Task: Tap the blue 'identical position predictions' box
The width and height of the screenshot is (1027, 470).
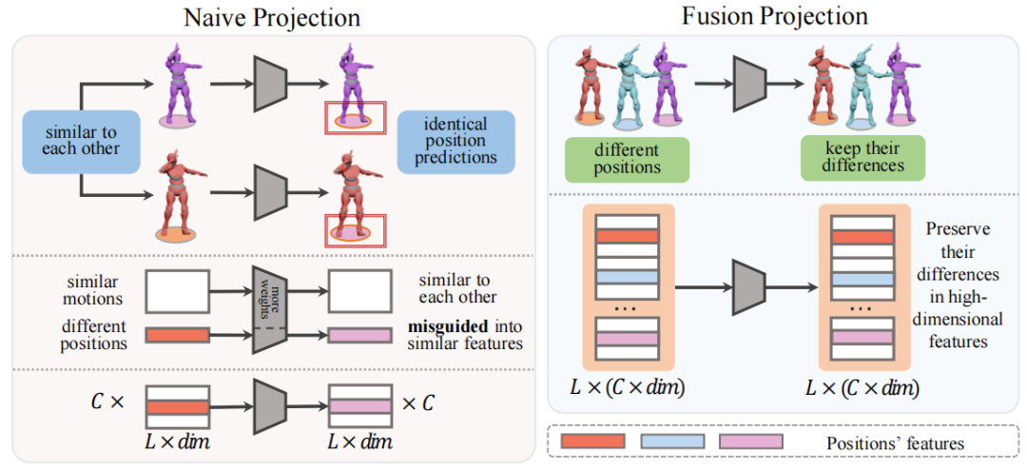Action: [455, 141]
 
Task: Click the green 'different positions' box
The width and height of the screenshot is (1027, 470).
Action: [626, 158]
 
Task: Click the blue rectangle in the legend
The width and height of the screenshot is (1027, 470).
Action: [672, 441]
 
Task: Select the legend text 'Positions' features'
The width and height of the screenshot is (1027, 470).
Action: [894, 442]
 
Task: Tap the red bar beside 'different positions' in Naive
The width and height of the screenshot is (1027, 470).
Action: [176, 334]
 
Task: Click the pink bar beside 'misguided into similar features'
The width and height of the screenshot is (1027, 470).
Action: [358, 334]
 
